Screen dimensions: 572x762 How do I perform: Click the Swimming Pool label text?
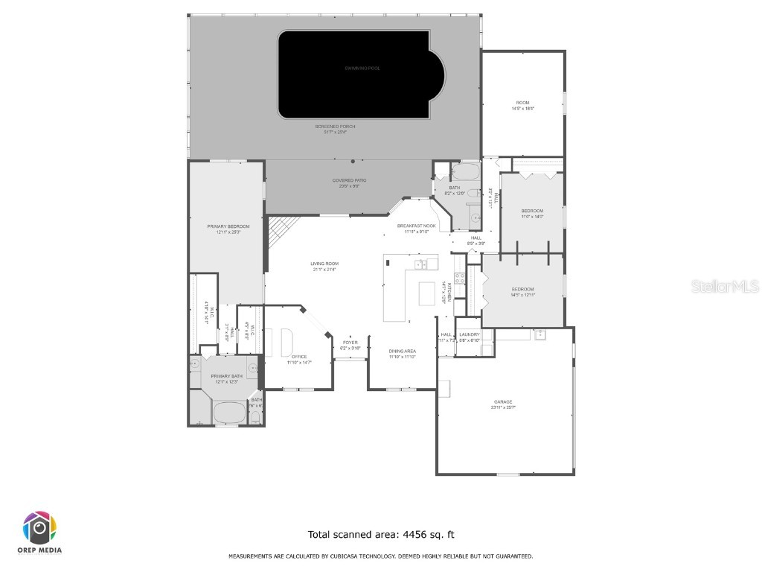point(362,69)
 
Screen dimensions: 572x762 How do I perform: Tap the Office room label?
point(299,359)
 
